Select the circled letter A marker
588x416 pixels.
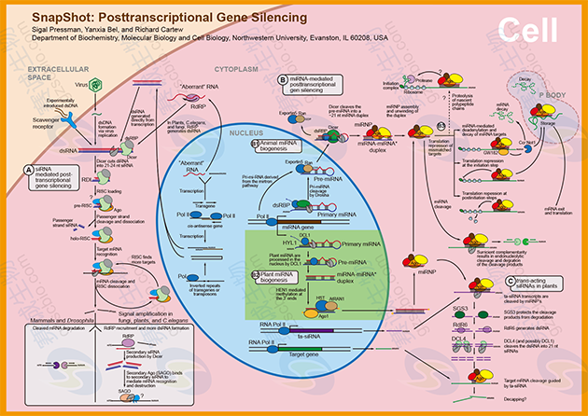(x=29, y=169)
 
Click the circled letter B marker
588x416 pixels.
(x=283, y=81)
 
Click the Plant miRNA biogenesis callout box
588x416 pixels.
(x=281, y=278)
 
